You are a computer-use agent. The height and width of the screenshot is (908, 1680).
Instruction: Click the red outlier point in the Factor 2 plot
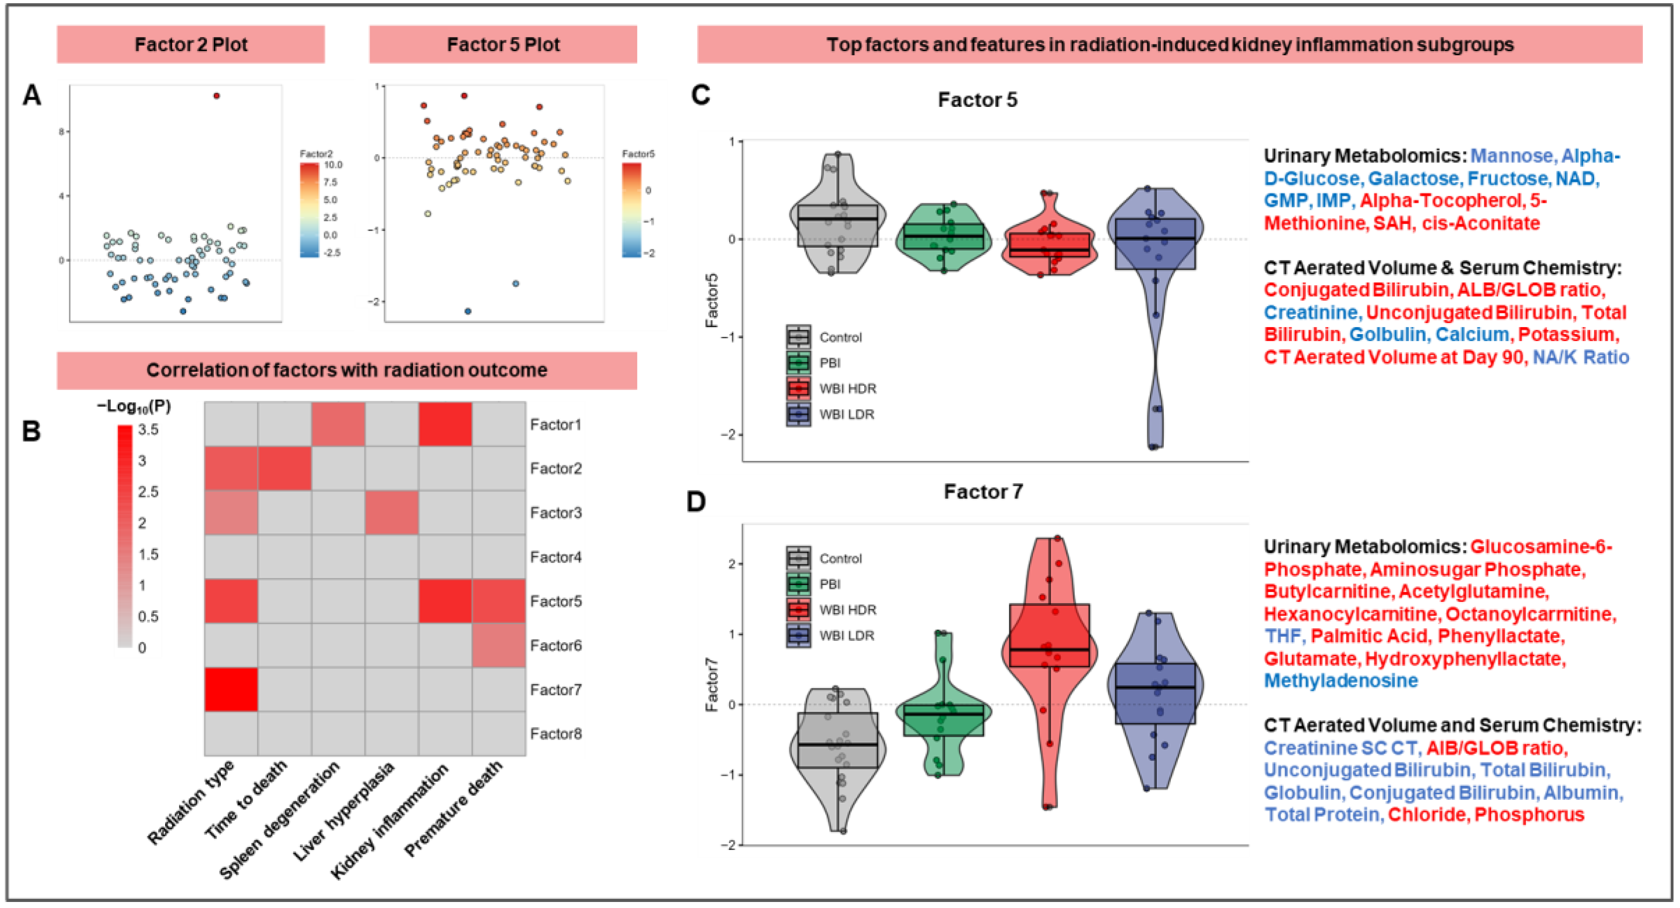pos(217,96)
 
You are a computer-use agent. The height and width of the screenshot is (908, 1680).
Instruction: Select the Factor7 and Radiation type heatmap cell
pos(231,689)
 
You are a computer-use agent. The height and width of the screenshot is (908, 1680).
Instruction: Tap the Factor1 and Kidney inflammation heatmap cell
pos(445,425)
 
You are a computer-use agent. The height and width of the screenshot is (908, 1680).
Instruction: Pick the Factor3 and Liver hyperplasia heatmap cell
pos(391,513)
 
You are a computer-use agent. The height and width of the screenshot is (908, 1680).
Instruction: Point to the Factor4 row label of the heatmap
pos(556,557)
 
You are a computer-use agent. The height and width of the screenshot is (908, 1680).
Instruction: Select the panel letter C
pos(700,96)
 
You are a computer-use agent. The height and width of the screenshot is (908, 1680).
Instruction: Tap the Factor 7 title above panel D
pos(983,491)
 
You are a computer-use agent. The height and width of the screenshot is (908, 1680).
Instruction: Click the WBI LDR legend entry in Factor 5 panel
pos(846,414)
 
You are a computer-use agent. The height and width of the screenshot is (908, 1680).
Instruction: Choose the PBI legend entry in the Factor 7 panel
pos(830,584)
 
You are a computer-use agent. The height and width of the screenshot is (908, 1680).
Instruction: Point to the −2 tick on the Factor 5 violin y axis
pos(729,434)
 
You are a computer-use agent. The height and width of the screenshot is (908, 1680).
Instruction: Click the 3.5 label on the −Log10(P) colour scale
pos(148,429)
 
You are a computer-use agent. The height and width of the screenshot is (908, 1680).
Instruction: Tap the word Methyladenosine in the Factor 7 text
pos(1341,680)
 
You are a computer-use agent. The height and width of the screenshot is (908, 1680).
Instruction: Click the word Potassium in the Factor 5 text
pos(1567,335)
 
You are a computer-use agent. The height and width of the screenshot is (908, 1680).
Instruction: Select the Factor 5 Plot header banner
pos(503,45)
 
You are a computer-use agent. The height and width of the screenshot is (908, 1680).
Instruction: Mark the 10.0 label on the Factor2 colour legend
pos(333,165)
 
